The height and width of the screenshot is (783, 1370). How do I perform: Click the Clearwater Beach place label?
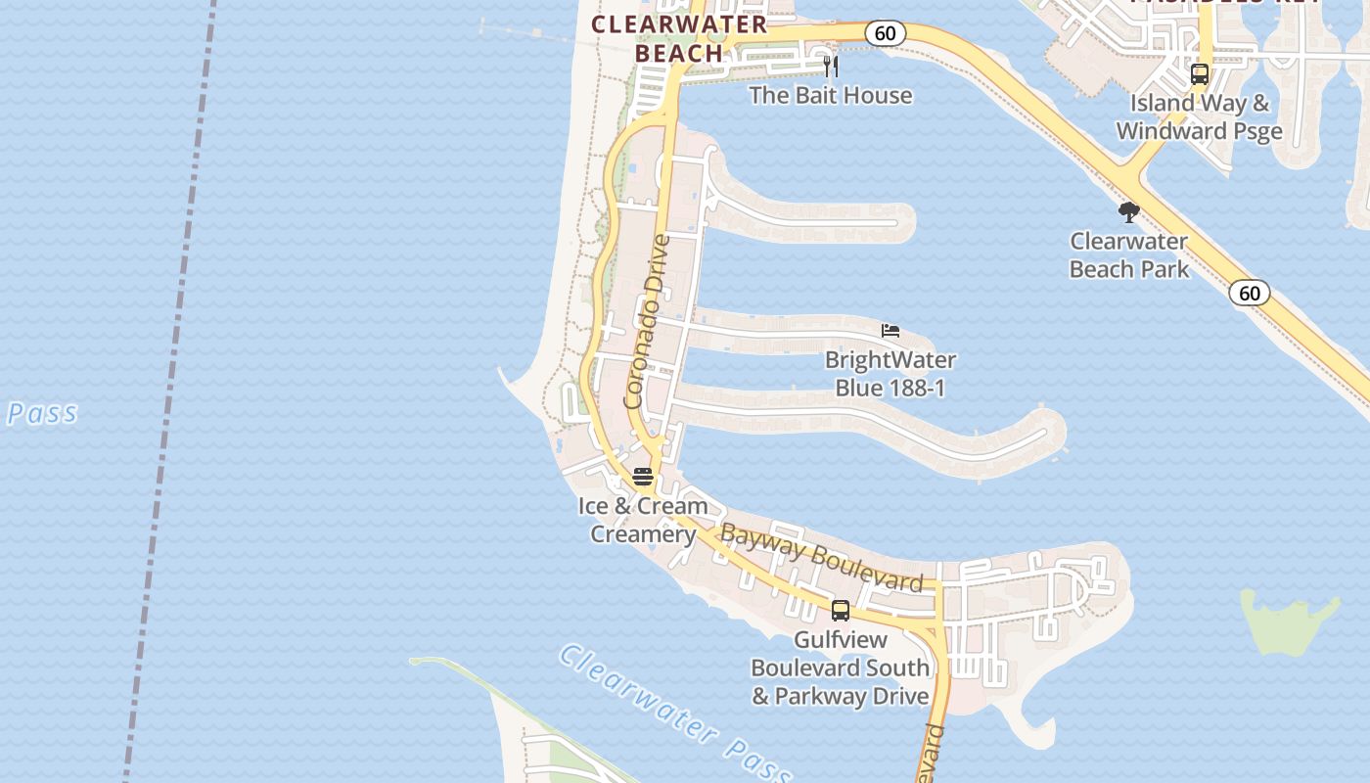(x=679, y=39)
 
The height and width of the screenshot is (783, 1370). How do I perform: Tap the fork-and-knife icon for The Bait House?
(x=831, y=66)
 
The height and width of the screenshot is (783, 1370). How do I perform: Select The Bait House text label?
(x=831, y=95)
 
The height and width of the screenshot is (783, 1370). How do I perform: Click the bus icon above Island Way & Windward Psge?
(x=1200, y=73)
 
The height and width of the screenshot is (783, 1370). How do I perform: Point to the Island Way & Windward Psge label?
(x=1199, y=116)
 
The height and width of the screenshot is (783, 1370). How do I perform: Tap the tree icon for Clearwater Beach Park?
(x=1129, y=212)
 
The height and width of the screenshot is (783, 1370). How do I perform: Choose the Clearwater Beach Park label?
(x=1129, y=254)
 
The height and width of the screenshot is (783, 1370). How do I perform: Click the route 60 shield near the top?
(x=885, y=33)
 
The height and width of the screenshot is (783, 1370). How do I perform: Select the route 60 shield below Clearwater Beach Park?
(x=1250, y=293)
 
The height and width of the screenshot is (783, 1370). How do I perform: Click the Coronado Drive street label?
(x=648, y=321)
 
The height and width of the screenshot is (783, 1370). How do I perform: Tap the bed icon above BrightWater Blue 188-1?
(x=890, y=331)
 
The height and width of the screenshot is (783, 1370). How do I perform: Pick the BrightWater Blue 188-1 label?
(x=890, y=374)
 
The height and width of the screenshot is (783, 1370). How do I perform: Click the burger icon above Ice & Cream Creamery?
(x=643, y=477)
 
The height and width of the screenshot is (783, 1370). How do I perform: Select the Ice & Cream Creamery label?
(x=643, y=520)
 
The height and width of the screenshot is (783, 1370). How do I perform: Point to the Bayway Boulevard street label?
(x=821, y=558)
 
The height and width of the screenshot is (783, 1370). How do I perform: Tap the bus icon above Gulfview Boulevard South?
(x=841, y=611)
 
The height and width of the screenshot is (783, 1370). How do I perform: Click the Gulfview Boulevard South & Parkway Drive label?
(x=840, y=668)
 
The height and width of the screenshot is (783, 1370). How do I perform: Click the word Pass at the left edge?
(x=42, y=413)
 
